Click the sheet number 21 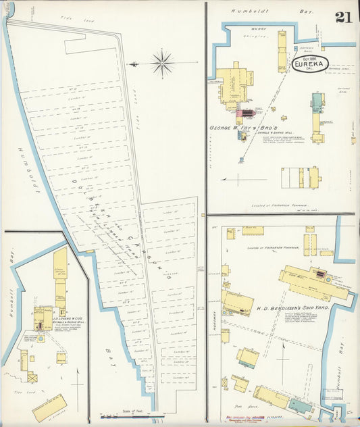pos(342,17)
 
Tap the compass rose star pos(162,64)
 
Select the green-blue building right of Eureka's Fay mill pos(317,102)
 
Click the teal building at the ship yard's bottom pos(300,405)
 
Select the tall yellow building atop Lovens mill pos(60,263)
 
